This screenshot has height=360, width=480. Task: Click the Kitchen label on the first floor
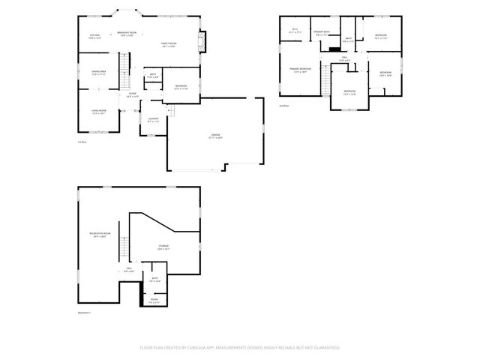point(95,36)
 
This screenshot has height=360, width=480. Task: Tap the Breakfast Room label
point(127,34)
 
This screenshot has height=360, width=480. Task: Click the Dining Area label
point(99,73)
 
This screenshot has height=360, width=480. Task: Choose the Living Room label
point(99,112)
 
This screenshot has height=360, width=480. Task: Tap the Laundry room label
point(153,120)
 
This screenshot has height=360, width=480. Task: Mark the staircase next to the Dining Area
point(125,75)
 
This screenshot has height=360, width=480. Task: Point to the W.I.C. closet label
point(295,31)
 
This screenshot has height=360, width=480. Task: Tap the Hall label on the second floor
point(345,58)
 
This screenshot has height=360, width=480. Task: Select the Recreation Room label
point(100,235)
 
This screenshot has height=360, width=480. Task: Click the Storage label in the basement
point(163,247)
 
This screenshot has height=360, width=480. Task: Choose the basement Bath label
point(155,280)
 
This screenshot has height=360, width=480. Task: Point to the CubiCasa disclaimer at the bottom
point(239,348)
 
